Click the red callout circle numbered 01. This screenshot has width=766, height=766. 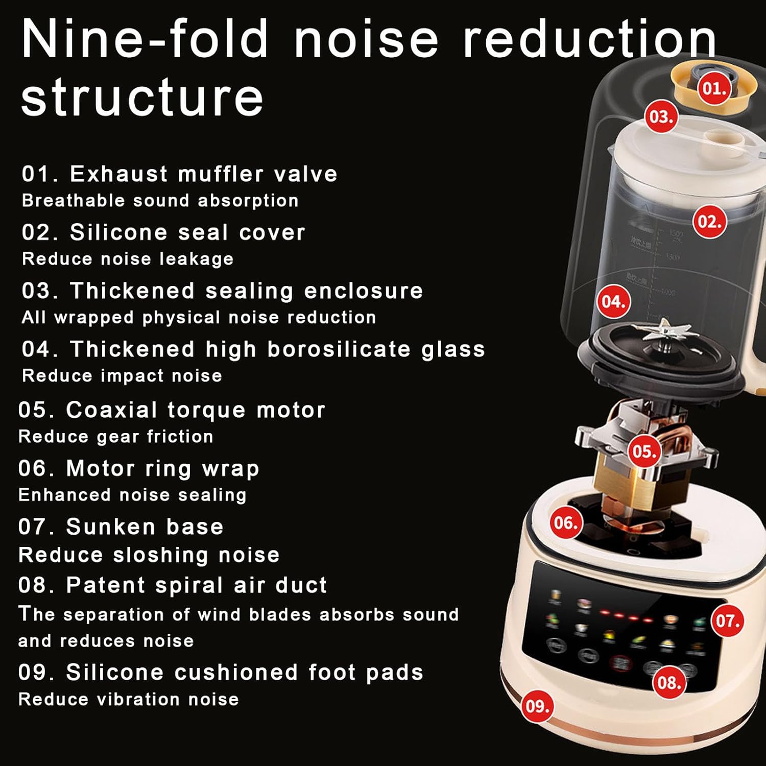pos(714,88)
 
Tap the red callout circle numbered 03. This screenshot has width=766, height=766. pos(661,117)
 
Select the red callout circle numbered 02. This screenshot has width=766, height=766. pos(709,222)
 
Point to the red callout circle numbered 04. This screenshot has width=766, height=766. pos(613,301)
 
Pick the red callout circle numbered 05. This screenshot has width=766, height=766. pos(644,451)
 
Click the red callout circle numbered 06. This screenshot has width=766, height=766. pos(566,522)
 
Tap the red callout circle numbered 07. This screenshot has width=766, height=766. pos(728,620)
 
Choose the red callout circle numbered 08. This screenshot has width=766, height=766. pos(668,682)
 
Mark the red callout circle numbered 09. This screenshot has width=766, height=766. pos(537,706)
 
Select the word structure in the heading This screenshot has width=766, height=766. pos(142,97)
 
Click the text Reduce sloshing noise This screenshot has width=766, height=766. pos(149,555)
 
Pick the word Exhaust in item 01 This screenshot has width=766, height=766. pos(118,174)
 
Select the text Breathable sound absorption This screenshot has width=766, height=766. pos(160,201)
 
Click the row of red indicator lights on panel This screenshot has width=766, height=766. pos(625,616)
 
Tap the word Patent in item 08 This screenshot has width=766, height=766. pos(106,585)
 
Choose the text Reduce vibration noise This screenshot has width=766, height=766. pos(128,699)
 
